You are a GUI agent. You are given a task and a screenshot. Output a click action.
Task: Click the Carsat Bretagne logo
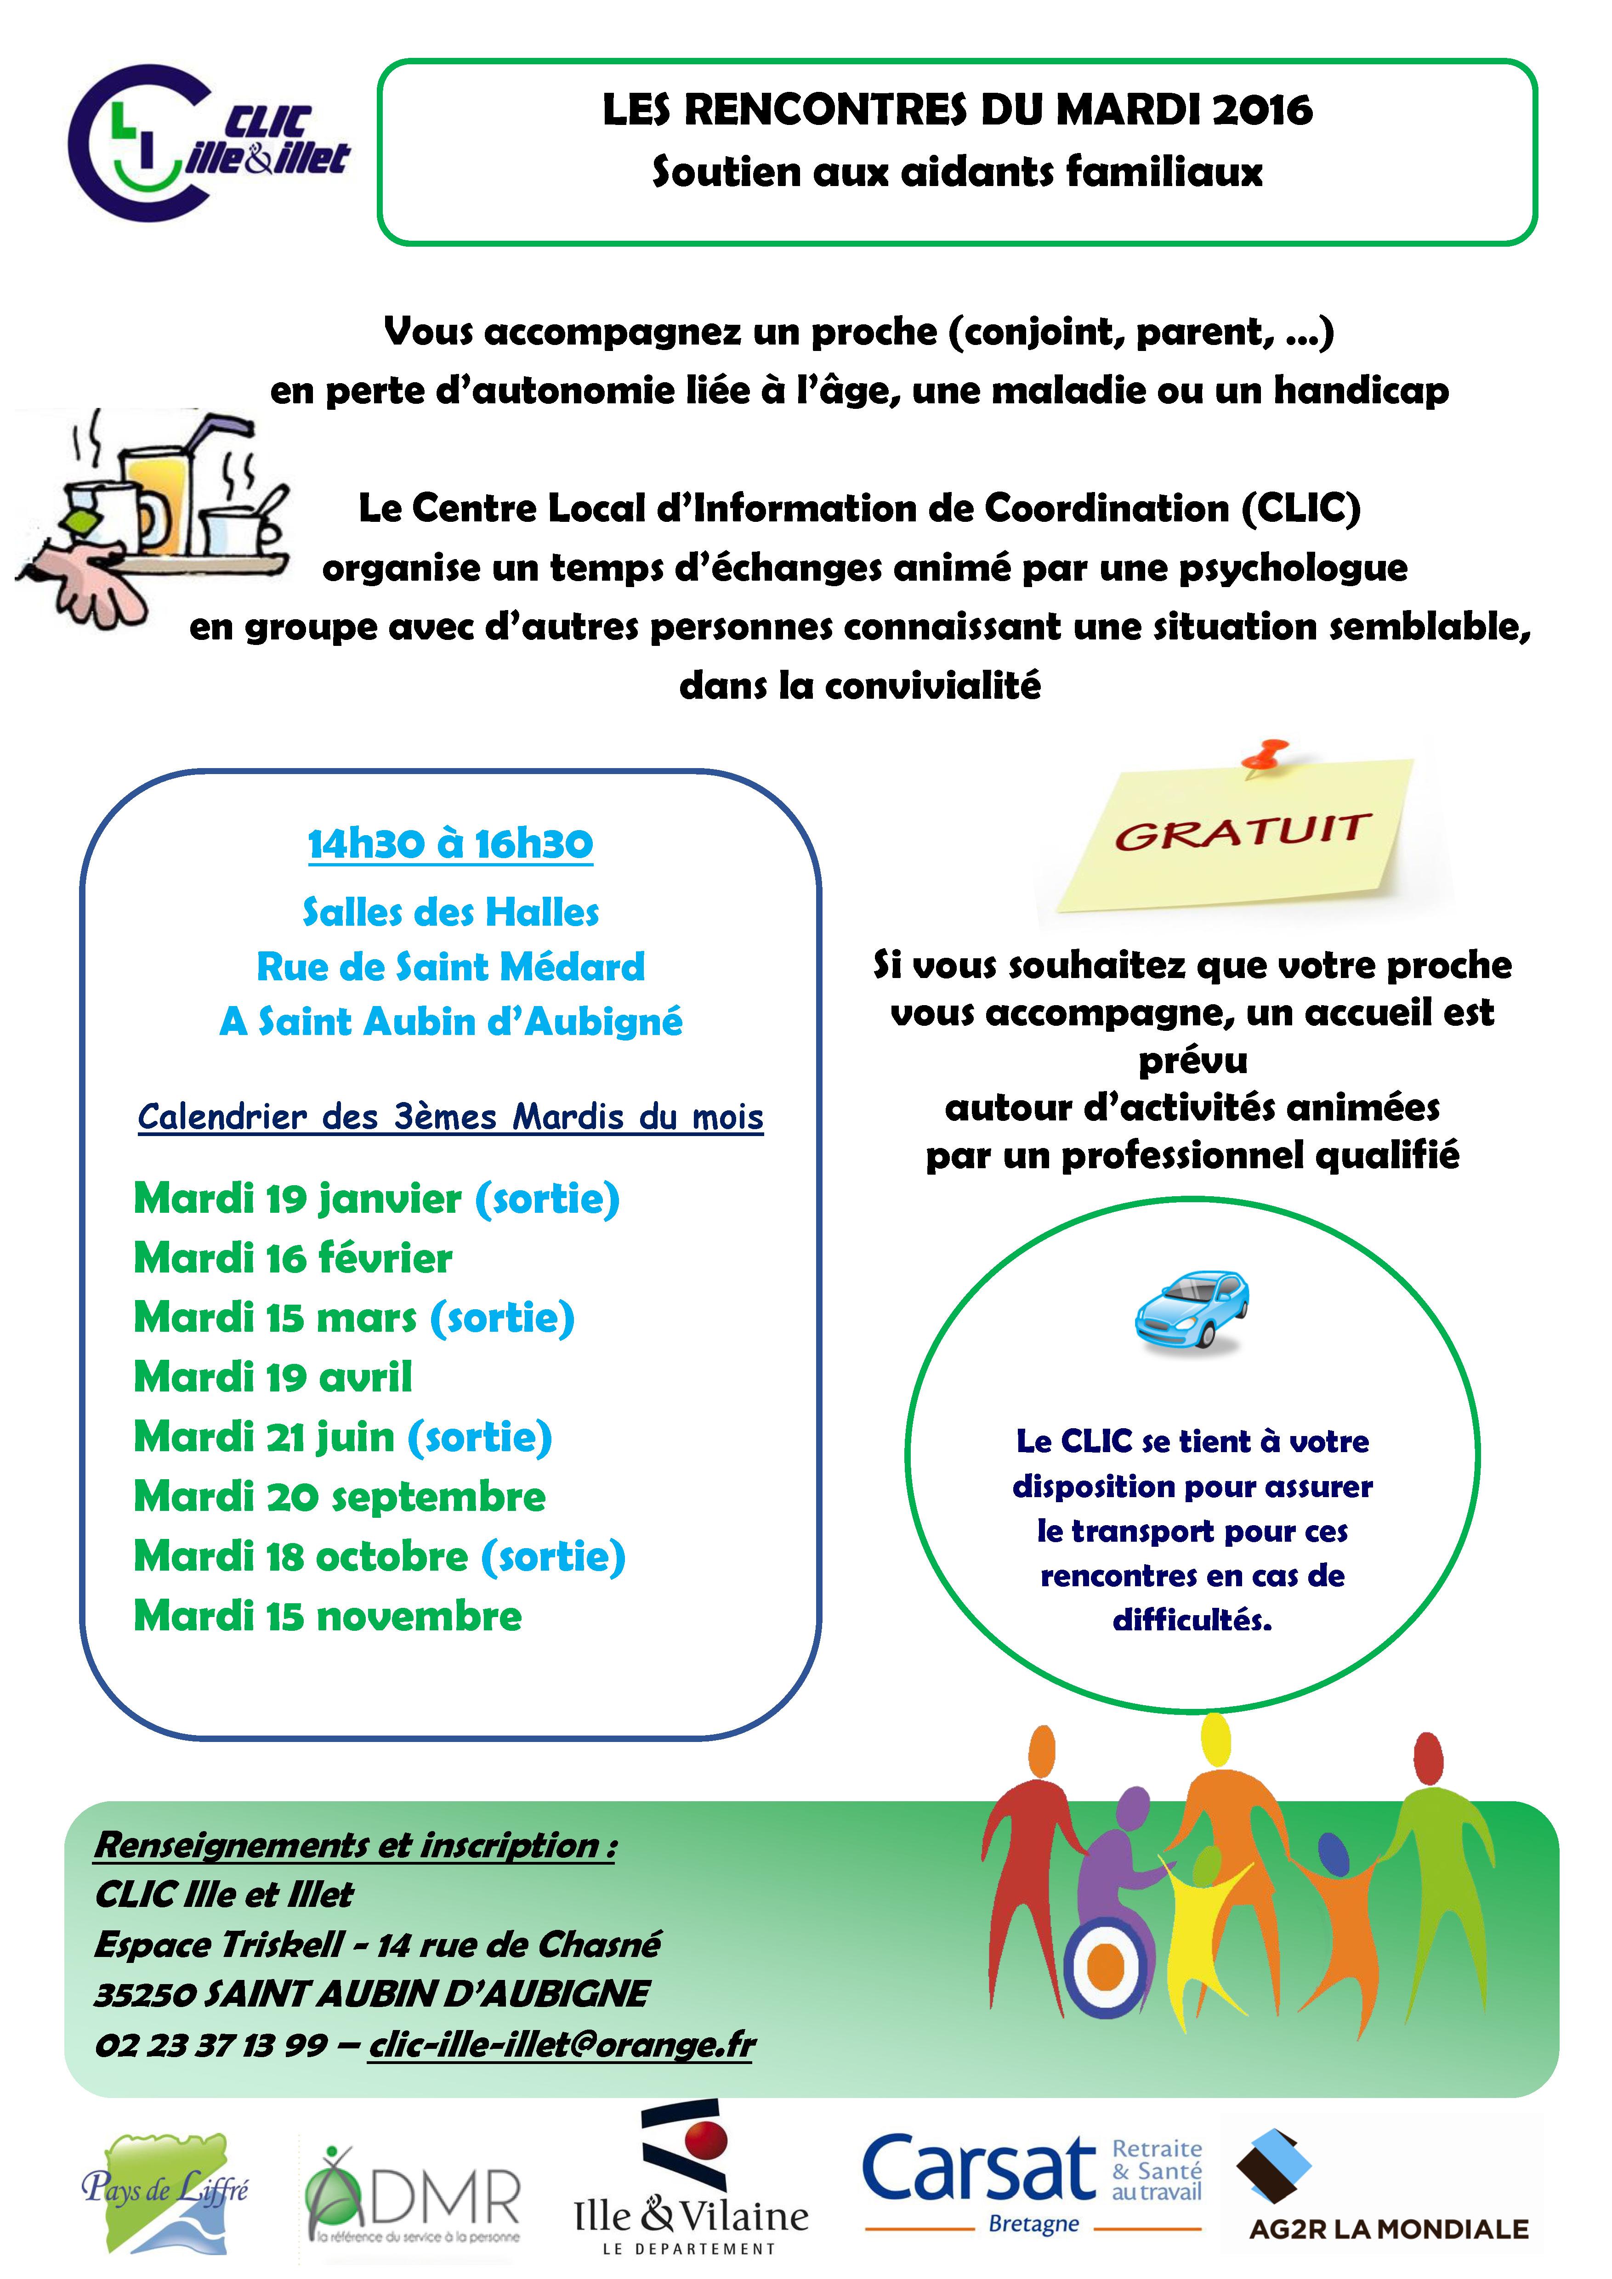tap(1033, 2182)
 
